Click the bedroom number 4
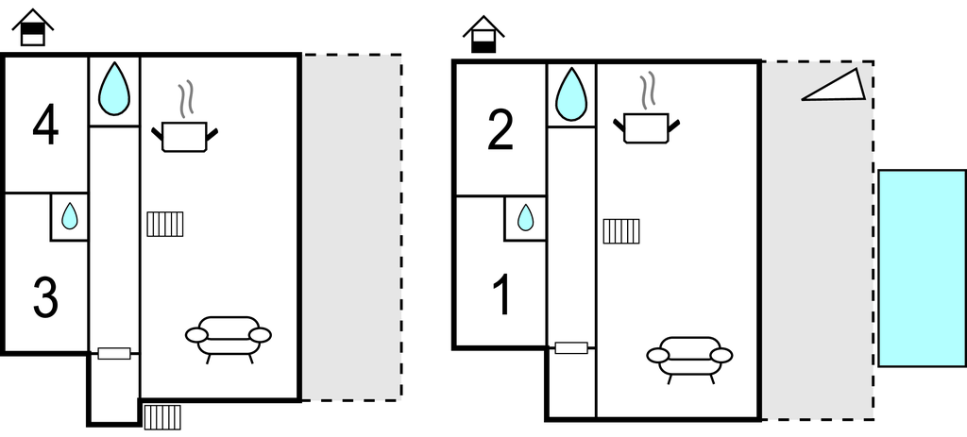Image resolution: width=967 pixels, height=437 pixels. [x=45, y=126]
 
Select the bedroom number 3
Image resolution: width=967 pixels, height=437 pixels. [x=45, y=297]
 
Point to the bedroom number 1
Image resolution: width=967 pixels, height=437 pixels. [x=503, y=295]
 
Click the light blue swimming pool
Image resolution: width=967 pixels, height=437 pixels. [x=922, y=268]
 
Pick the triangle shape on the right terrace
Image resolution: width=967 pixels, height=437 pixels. [x=835, y=86]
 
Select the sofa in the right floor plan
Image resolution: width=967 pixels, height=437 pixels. [x=689, y=358]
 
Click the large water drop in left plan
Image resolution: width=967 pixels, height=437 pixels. [x=114, y=89]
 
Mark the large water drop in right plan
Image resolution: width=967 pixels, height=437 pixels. [x=570, y=94]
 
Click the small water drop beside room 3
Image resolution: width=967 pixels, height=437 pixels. [x=69, y=217]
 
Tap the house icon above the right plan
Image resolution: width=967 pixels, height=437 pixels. [x=483, y=35]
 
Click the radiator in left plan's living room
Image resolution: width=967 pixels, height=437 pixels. [x=165, y=224]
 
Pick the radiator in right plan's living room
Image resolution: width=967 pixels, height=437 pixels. [x=621, y=230]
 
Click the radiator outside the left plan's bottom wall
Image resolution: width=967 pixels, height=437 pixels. [x=162, y=416]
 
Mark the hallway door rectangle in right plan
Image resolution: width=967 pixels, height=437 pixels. [x=571, y=347]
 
